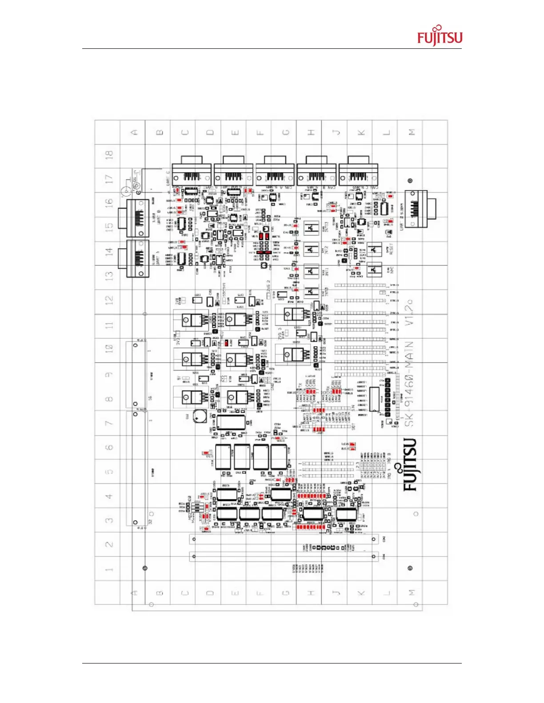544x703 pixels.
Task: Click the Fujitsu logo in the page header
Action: pyautogui.click(x=440, y=36)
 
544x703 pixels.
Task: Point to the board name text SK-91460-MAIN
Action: pyautogui.click(x=409, y=383)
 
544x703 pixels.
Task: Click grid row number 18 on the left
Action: pyautogui.click(x=109, y=155)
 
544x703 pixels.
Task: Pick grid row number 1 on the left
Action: pyautogui.click(x=109, y=569)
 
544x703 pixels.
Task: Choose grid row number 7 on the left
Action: pyautogui.click(x=109, y=423)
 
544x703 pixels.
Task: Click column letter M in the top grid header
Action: pyautogui.click(x=412, y=132)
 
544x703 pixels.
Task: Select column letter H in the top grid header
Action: pyautogui.click(x=311, y=132)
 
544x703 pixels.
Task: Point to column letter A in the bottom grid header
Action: pyautogui.click(x=135, y=592)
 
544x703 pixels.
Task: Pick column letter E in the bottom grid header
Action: pyautogui.click(x=236, y=592)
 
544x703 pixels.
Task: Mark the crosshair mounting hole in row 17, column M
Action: pyautogui.click(x=410, y=181)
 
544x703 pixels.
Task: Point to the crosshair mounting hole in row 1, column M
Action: pyautogui.click(x=410, y=568)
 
